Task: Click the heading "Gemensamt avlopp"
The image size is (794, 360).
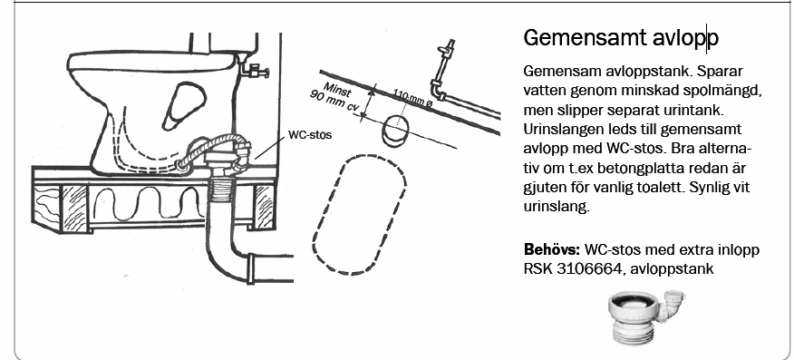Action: click(621, 38)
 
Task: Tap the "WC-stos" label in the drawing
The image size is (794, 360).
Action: click(310, 135)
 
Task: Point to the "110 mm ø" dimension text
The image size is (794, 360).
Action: click(412, 99)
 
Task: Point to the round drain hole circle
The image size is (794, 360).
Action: click(394, 131)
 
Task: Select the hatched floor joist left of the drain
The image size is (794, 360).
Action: click(74, 207)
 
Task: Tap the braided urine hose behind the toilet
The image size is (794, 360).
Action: click(209, 147)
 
